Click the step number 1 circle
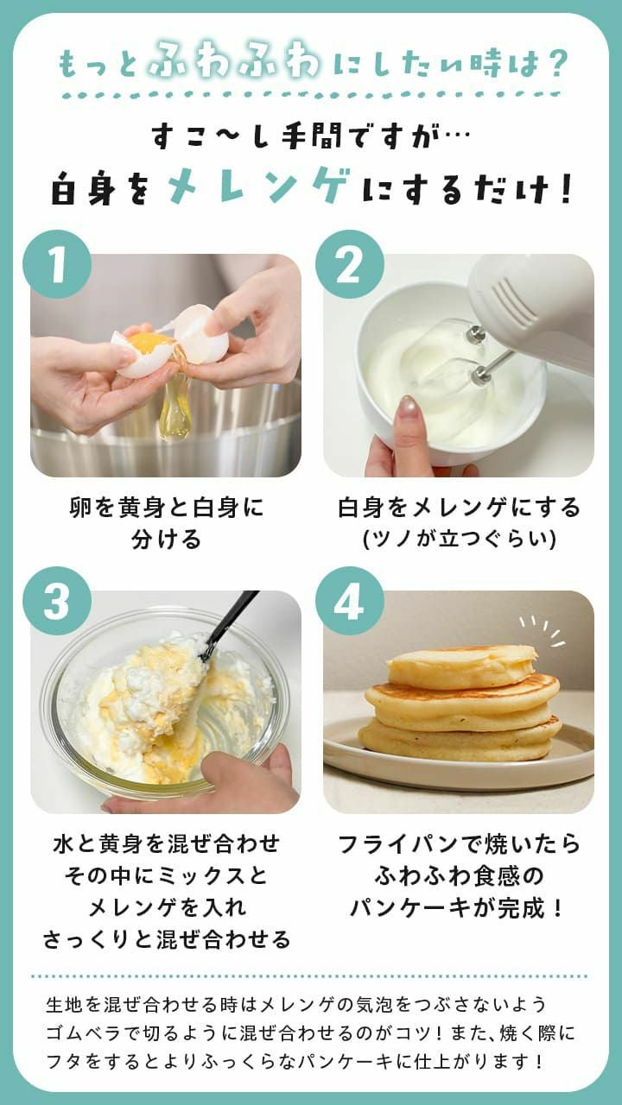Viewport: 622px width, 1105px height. [x=57, y=264]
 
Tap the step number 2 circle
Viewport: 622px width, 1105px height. [x=349, y=264]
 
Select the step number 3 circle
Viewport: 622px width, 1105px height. [x=57, y=601]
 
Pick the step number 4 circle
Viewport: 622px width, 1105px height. [x=349, y=601]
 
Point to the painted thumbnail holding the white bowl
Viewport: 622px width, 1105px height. [x=407, y=408]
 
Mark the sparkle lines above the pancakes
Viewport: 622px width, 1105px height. [x=543, y=631]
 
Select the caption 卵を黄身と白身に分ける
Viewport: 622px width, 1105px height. [x=166, y=523]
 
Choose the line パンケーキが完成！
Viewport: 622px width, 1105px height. [x=458, y=907]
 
